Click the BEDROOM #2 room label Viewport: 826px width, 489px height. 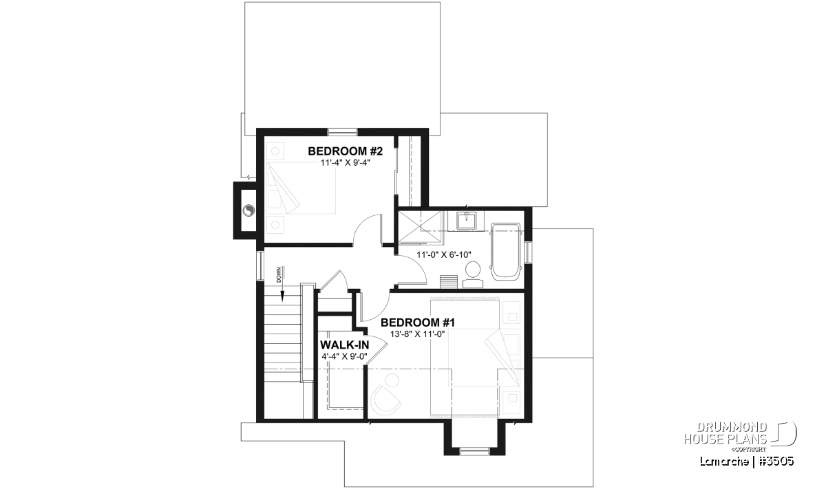(x=345, y=151)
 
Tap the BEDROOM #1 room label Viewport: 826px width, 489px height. (x=418, y=323)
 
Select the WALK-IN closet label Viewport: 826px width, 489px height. (x=344, y=345)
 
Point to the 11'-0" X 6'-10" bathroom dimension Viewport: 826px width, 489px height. (x=444, y=254)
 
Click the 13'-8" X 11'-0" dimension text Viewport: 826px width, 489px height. (x=418, y=334)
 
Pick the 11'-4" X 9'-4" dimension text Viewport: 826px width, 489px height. (x=345, y=163)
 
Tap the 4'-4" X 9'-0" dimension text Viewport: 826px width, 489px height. (x=344, y=356)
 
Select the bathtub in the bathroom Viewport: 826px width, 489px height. (x=505, y=250)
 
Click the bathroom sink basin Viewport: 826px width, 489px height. (x=467, y=221)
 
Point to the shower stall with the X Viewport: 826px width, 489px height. (x=421, y=228)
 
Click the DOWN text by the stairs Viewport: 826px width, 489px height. (x=279, y=275)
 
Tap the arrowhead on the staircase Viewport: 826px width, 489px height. (x=283, y=296)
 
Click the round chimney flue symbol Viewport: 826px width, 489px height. (x=248, y=210)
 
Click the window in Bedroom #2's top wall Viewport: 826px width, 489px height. (x=343, y=131)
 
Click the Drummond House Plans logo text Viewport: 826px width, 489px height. (x=726, y=433)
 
